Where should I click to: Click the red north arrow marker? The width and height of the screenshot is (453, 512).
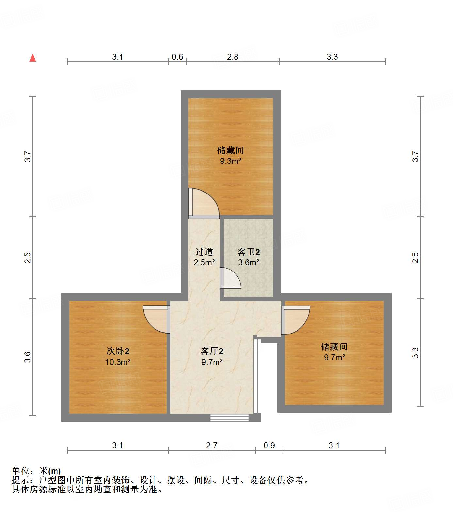coord(33,58)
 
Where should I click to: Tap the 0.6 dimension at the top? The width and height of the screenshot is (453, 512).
coord(177,57)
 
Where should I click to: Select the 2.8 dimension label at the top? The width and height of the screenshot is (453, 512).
coord(233,57)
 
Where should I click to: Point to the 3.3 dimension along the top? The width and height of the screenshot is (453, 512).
coord(332,57)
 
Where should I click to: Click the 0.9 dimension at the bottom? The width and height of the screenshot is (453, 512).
coord(269,445)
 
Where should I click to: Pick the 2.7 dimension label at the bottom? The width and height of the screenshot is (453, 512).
coord(212,445)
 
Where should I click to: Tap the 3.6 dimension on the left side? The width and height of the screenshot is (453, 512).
coord(28,357)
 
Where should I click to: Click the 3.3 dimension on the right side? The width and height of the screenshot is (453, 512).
coord(415,353)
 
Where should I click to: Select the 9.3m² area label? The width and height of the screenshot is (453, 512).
coord(231,161)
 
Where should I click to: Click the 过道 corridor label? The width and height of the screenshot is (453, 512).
coord(204,252)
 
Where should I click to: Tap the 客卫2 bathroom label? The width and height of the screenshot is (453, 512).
coord(249,252)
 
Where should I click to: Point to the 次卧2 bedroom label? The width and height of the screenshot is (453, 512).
coord(118,351)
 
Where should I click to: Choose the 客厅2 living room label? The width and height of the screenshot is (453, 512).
coord(212,351)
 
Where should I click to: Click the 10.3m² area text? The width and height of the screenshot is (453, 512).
coord(118,362)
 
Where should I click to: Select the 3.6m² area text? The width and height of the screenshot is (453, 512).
coord(249,262)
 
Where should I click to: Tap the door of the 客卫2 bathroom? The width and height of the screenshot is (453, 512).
coord(230,278)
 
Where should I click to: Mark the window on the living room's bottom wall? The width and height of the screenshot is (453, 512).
coord(229,418)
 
